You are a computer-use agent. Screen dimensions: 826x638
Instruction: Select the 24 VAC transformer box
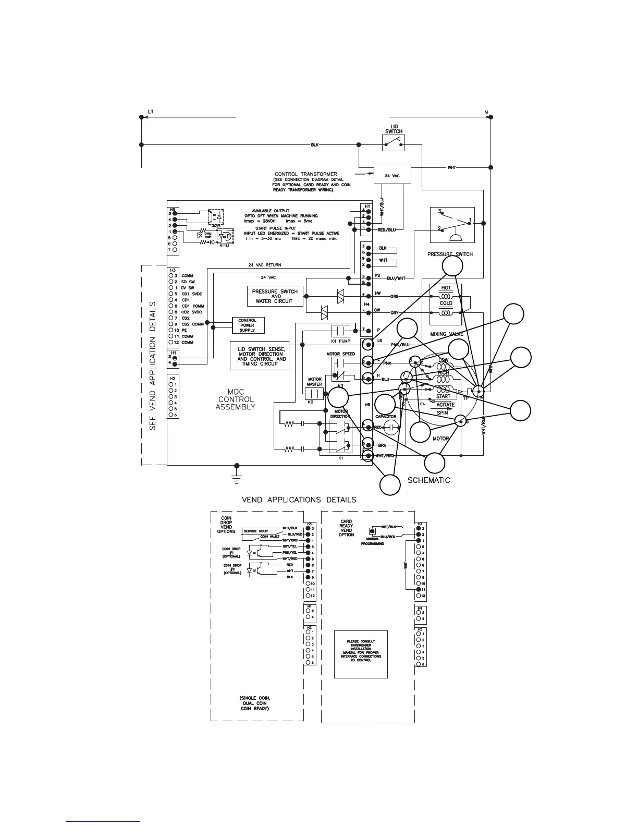[x=392, y=174]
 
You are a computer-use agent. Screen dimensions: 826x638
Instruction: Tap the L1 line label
[x=151, y=112]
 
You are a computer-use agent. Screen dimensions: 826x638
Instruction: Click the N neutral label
[x=486, y=112]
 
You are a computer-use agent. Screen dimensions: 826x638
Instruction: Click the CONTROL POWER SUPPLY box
[x=248, y=325]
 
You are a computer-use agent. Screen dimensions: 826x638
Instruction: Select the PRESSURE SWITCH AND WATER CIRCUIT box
[x=275, y=296]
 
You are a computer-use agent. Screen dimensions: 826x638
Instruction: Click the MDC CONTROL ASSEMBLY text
[x=236, y=399]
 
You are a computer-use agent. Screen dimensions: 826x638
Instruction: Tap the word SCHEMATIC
[x=428, y=480]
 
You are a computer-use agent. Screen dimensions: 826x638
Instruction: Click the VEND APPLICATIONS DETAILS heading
[x=299, y=500]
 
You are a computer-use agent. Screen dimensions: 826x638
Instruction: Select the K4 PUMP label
[x=341, y=341]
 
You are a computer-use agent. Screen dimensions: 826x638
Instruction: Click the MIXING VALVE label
[x=447, y=334]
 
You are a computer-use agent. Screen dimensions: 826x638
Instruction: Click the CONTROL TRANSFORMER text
[x=305, y=174]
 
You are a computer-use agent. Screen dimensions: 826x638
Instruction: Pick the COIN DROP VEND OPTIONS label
[x=226, y=525]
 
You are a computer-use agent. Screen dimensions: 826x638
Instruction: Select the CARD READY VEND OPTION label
[x=346, y=528]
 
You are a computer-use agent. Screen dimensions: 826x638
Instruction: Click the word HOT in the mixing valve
[x=446, y=288]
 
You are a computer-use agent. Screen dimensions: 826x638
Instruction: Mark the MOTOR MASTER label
[x=315, y=382]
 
